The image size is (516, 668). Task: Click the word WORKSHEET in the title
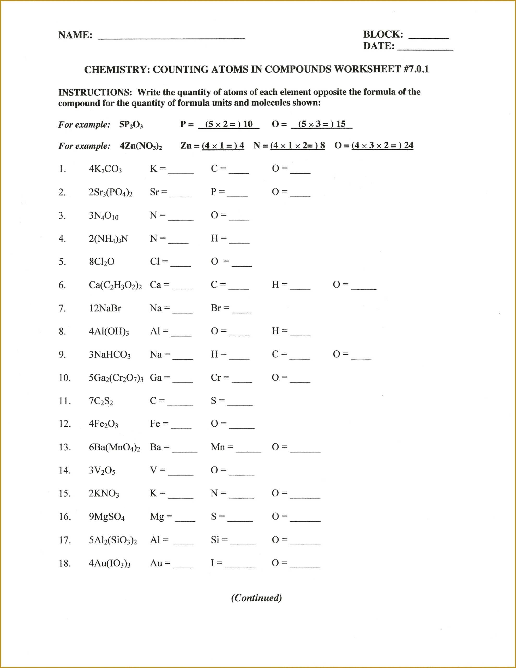pos(367,69)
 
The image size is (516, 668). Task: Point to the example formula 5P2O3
pos(131,124)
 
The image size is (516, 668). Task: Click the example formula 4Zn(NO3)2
pos(141,146)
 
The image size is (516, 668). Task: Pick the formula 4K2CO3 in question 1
pos(105,169)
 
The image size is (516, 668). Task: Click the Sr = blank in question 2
pos(180,194)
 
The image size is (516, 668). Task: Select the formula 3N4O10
pos(104,216)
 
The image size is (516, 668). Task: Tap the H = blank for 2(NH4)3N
pos(239,241)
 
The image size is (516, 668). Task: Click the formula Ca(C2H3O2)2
pos(115,285)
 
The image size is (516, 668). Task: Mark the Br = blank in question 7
pos(242,311)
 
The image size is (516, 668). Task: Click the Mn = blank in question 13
pos(248,450)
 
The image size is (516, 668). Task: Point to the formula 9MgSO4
pos(107,517)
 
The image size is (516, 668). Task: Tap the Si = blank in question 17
pos(243,542)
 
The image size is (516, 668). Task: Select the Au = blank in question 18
pos(183,565)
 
